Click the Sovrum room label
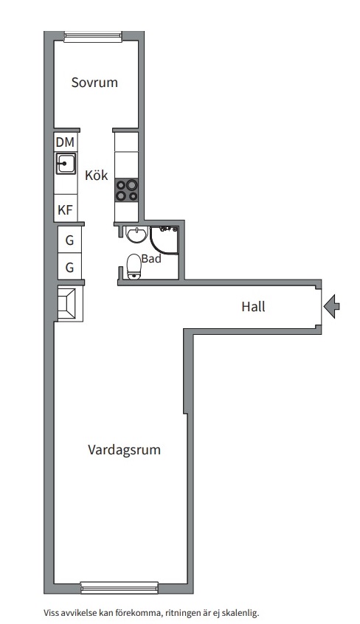point(94,83)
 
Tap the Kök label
point(97,176)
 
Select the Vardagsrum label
point(124,449)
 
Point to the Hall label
point(253,306)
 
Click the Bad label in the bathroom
point(151,259)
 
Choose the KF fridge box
point(66,210)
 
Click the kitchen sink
point(66,163)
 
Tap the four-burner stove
point(126,190)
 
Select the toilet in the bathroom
point(134,267)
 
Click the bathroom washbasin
point(135,235)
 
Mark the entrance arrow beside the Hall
point(332,305)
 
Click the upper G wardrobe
point(69,240)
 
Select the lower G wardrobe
point(69,267)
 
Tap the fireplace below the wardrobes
point(69,302)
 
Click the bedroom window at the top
point(92,35)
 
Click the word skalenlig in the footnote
point(240,612)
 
